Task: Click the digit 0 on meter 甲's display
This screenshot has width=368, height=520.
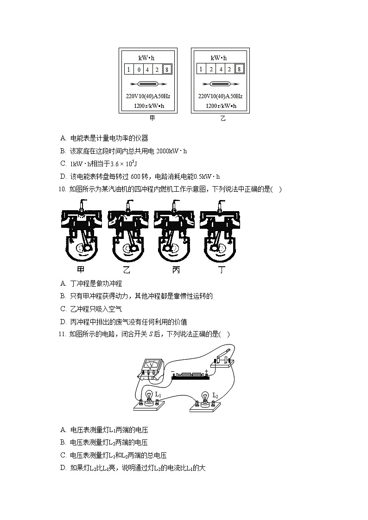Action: [139, 70]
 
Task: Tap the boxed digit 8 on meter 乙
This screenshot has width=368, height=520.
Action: [239, 69]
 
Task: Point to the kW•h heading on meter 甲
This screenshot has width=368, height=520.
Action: [146, 58]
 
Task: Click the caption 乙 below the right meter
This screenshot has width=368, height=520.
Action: [222, 119]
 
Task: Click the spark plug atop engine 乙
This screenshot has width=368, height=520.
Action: [128, 204]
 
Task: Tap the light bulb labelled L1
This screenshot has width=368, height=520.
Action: [149, 398]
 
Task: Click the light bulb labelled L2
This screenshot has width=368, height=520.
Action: [204, 399]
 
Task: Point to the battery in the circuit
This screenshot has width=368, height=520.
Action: [190, 375]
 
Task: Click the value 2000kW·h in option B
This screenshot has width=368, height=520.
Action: [171, 151]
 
